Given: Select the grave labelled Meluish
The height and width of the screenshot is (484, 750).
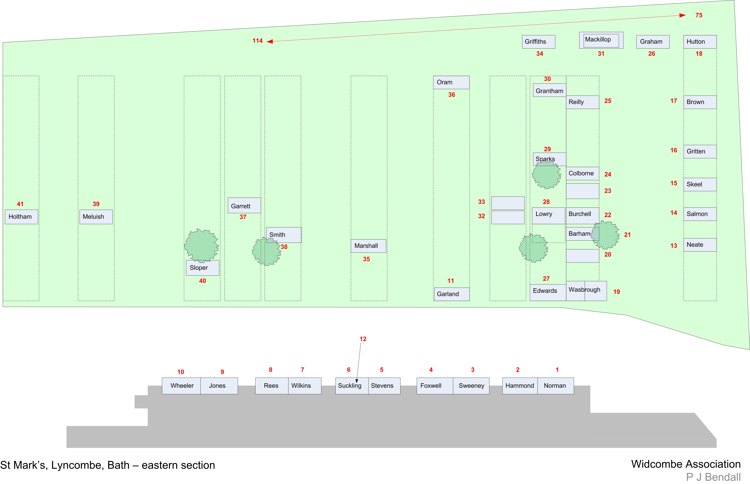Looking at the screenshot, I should pos(96,217).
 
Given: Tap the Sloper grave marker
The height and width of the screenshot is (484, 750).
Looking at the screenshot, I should pos(202,268).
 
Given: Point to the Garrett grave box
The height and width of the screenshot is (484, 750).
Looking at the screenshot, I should pos(244,206).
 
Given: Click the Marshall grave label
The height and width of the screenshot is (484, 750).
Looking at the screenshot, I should pos(368,246).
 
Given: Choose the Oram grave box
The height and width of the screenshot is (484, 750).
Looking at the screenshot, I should pos(451,82).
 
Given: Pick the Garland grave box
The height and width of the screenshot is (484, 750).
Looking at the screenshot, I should pos(452,294).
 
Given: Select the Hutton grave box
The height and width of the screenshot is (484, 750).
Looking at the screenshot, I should pos(700,42).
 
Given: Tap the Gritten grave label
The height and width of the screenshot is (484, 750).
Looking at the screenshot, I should pos(700,152).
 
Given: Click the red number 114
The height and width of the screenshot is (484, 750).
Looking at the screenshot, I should pos(257,41).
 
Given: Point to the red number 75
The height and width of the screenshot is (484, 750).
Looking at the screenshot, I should pos(699,15).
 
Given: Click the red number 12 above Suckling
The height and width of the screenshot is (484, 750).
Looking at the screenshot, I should pos(363,339).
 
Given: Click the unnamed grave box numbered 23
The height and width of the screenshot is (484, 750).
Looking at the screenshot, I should pos(582,191).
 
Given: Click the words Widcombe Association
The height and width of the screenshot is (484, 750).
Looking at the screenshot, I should pos(686,464).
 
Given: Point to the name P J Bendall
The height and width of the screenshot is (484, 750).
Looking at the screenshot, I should pos(713,477).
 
